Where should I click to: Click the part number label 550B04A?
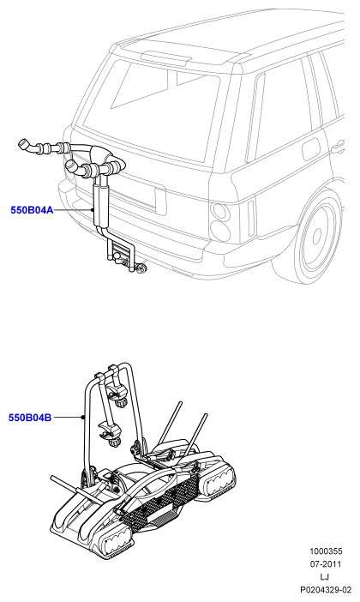(32, 210)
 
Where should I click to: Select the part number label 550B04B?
(30, 418)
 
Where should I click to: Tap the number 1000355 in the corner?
(326, 551)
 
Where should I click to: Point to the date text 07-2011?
(326, 564)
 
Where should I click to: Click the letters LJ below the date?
(325, 576)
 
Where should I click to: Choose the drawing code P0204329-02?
(326, 590)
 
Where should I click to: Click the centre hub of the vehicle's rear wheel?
(317, 235)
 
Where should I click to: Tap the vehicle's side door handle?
(338, 147)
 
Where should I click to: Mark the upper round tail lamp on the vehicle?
(220, 212)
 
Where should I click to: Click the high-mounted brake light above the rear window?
(166, 57)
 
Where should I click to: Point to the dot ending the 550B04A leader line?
(93, 210)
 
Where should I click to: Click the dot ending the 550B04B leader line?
(82, 418)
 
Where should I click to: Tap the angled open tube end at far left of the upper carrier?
(25, 145)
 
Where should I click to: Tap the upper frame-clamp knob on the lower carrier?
(123, 404)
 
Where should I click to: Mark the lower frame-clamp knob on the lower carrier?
(114, 442)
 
